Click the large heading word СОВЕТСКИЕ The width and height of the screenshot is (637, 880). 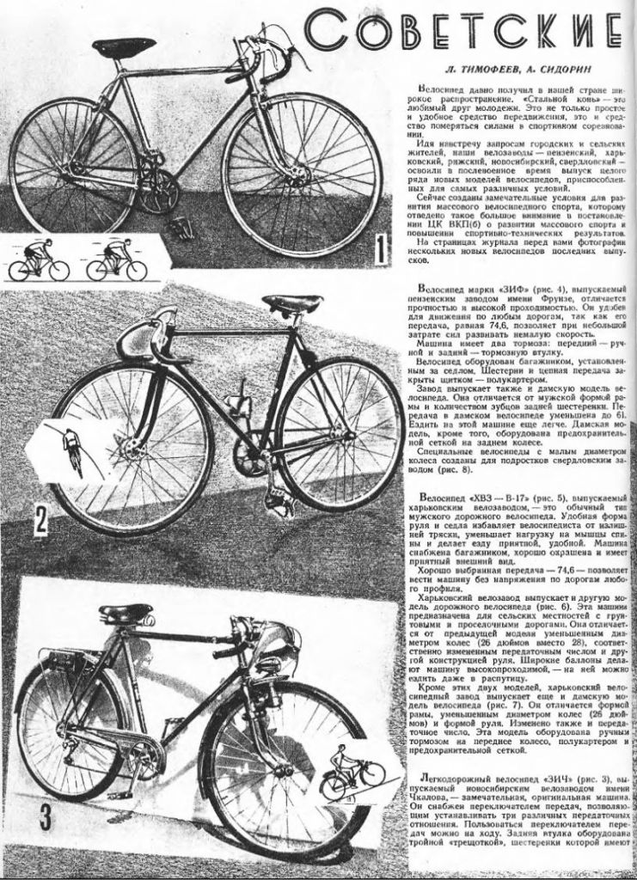point(464,34)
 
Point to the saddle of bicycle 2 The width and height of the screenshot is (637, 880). point(292,303)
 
